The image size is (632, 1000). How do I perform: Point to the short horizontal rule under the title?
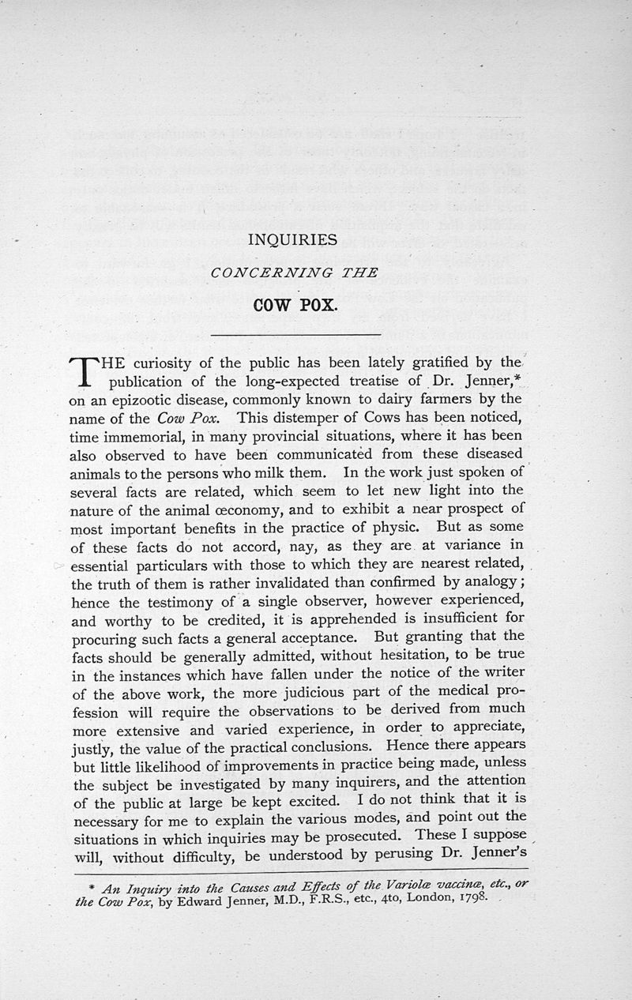[x=297, y=336]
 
